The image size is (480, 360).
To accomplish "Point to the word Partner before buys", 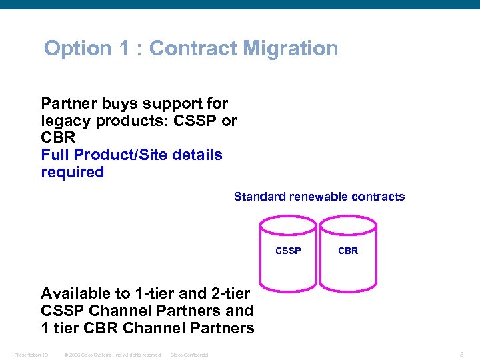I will [68, 104].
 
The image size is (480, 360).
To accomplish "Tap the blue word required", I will [73, 172].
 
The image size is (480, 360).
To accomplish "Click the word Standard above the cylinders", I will [259, 197].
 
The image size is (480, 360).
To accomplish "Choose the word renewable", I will [315, 197].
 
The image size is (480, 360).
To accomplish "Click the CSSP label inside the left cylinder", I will [288, 251].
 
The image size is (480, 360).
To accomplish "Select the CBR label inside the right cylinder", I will [348, 251].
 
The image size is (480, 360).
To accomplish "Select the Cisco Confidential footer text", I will [189, 355].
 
